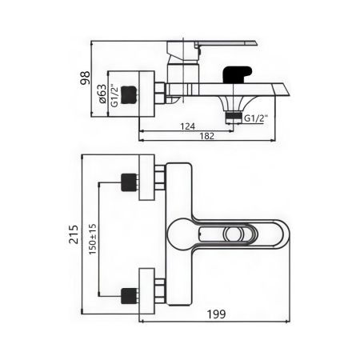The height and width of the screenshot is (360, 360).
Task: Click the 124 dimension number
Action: coord(187,126)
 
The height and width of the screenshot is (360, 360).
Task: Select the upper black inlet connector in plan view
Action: coord(127,181)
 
